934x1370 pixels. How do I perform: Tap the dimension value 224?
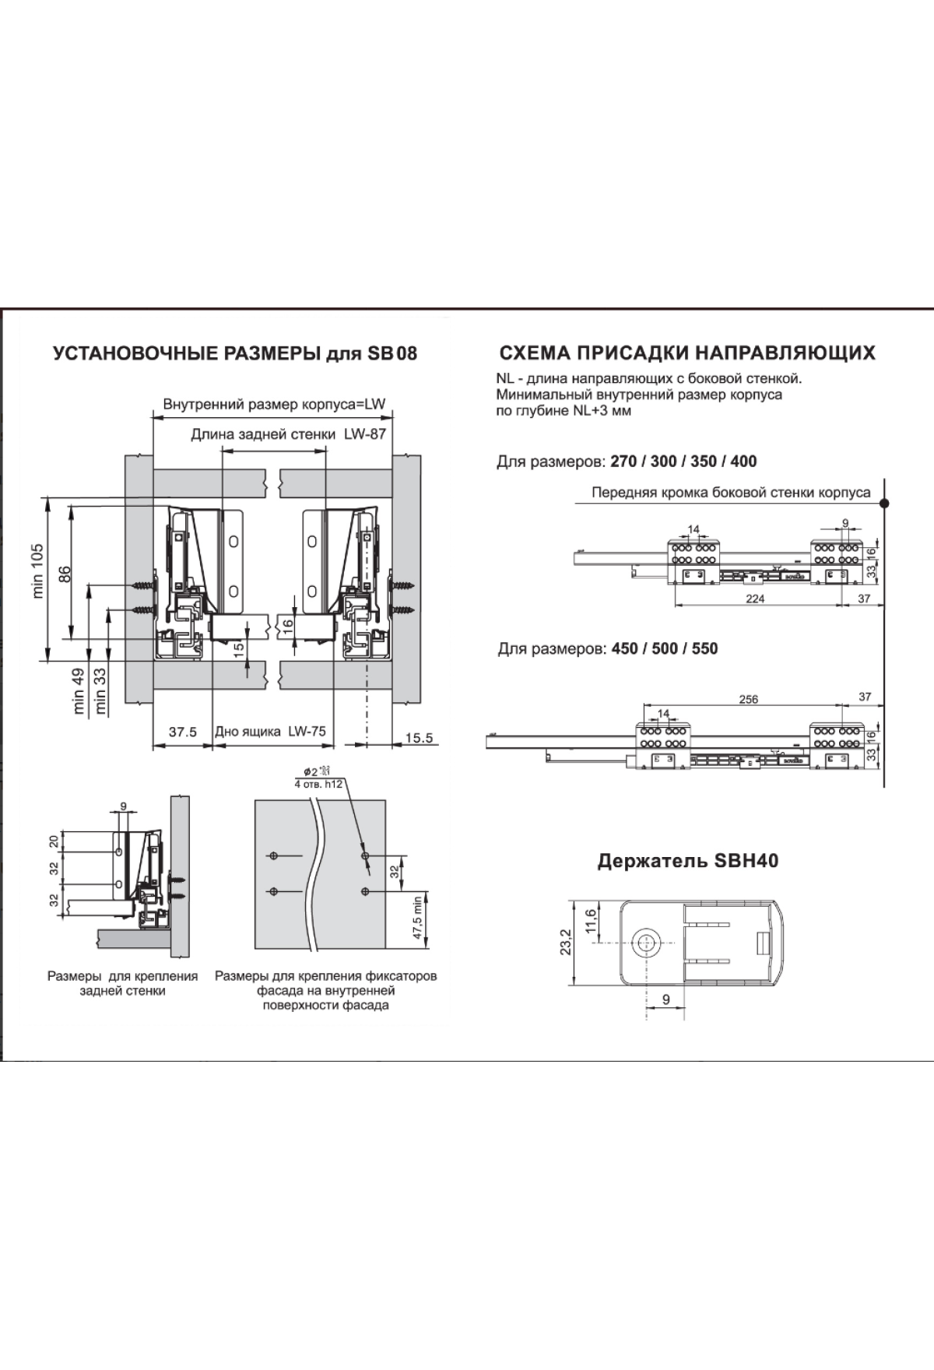tap(755, 599)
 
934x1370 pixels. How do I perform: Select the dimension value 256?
tap(748, 699)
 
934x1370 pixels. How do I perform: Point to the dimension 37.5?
tap(183, 732)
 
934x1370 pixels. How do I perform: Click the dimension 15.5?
tap(419, 737)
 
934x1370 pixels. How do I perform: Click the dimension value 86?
tap(65, 574)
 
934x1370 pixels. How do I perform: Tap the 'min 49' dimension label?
tap(79, 691)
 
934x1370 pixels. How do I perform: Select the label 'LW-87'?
tap(365, 434)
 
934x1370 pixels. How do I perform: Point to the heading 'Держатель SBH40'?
tap(687, 861)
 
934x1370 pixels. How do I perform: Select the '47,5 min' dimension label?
tap(417, 919)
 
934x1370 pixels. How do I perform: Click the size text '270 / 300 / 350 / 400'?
tap(683, 461)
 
